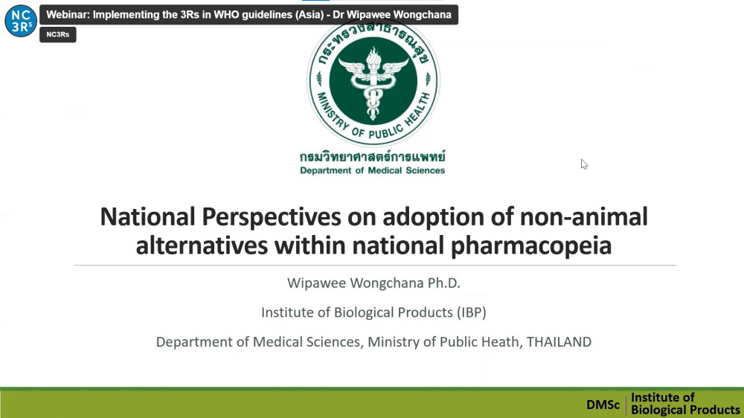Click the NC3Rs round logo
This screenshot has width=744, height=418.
(x=21, y=21)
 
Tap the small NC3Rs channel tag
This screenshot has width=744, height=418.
(x=58, y=35)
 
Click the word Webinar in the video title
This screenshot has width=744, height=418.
(x=66, y=15)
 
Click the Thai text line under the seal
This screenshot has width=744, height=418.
(x=373, y=156)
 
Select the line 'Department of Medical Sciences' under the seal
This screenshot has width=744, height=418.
(x=373, y=170)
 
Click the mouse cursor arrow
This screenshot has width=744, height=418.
(x=584, y=164)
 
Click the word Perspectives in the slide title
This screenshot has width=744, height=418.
(x=272, y=217)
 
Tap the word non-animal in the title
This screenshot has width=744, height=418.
(x=583, y=216)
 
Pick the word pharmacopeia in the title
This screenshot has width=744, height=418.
(x=531, y=245)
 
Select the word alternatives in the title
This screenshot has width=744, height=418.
(x=202, y=245)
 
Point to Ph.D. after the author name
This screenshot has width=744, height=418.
(x=444, y=283)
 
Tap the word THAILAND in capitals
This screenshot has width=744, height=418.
(x=559, y=341)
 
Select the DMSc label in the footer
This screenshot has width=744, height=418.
(x=603, y=405)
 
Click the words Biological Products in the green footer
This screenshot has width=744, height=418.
(x=685, y=410)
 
